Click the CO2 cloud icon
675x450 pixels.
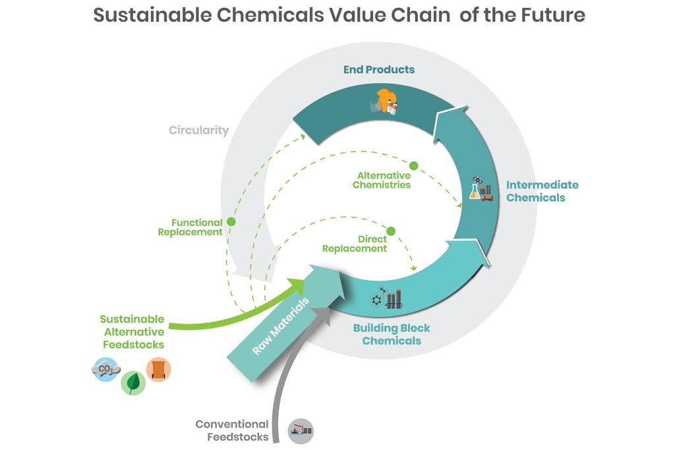point(106,370)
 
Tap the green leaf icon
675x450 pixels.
point(133,383)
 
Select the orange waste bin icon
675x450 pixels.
point(158,370)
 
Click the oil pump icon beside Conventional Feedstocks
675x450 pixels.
point(301,431)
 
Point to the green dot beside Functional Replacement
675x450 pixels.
point(231,221)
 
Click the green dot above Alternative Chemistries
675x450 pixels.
point(413,165)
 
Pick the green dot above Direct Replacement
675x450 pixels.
point(391,231)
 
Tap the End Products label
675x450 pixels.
point(379,70)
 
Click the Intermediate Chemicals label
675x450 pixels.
point(542,191)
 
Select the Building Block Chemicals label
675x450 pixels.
point(392,334)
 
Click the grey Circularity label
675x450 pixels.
point(198,130)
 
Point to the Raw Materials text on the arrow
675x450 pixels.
point(281,326)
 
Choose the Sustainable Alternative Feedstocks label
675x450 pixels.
point(132,331)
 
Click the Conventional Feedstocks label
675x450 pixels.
point(232,431)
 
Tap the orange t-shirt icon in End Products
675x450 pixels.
point(384,101)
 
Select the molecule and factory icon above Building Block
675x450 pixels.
point(386,297)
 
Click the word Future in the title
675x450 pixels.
point(553,15)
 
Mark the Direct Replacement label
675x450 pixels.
point(355,244)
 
